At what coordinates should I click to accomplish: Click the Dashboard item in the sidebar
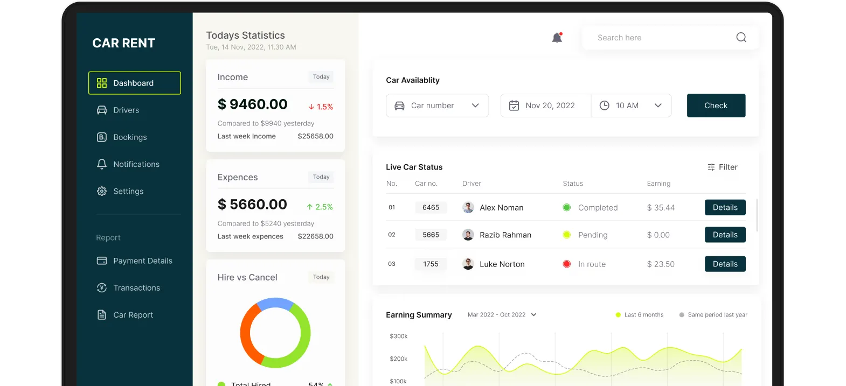click(135, 83)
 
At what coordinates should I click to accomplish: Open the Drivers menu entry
click(118, 110)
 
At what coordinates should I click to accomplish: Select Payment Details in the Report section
click(135, 261)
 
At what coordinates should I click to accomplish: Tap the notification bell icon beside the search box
click(557, 37)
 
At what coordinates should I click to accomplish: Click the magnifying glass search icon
click(741, 37)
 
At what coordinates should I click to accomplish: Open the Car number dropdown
click(437, 106)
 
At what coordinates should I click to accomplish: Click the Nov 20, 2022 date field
click(546, 106)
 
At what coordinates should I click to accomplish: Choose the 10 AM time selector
click(631, 106)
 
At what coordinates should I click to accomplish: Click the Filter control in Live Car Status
click(722, 167)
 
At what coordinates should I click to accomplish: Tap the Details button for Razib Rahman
click(725, 235)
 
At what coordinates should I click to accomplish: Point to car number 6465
click(431, 207)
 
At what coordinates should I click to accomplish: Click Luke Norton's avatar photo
click(468, 264)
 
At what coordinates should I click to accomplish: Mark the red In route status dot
click(566, 264)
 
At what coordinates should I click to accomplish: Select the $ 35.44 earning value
click(661, 207)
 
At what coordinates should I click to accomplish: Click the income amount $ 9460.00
click(252, 104)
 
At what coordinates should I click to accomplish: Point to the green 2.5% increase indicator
click(320, 207)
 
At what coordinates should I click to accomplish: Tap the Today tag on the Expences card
click(321, 177)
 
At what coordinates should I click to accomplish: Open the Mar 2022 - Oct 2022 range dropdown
click(502, 315)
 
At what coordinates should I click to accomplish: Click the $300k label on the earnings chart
click(398, 336)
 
